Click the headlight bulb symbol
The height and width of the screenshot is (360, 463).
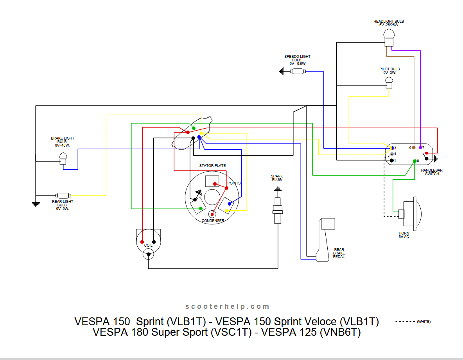tap(389, 38)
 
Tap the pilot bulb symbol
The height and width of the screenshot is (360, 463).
tap(389, 82)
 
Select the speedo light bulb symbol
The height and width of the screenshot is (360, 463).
tap(298, 71)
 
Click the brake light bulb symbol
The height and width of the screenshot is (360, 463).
tap(63, 158)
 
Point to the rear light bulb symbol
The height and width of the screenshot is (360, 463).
tap(63, 195)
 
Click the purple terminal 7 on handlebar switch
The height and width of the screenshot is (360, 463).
tap(420, 147)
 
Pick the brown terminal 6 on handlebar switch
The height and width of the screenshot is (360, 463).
tap(414, 147)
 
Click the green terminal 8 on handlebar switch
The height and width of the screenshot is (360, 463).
tap(415, 161)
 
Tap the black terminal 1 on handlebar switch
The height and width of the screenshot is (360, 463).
tap(392, 161)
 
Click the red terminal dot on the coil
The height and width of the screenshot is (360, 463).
tap(142, 242)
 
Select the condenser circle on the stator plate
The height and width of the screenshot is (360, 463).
tap(212, 214)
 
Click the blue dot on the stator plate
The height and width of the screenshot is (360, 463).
tap(230, 204)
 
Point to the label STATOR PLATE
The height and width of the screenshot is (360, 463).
tap(212, 166)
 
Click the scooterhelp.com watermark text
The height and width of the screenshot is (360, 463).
tap(227, 306)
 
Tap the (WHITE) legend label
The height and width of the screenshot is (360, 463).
tap(424, 322)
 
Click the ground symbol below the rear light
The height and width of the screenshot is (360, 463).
tap(36, 204)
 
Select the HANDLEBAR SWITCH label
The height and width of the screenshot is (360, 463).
tap(432, 172)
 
